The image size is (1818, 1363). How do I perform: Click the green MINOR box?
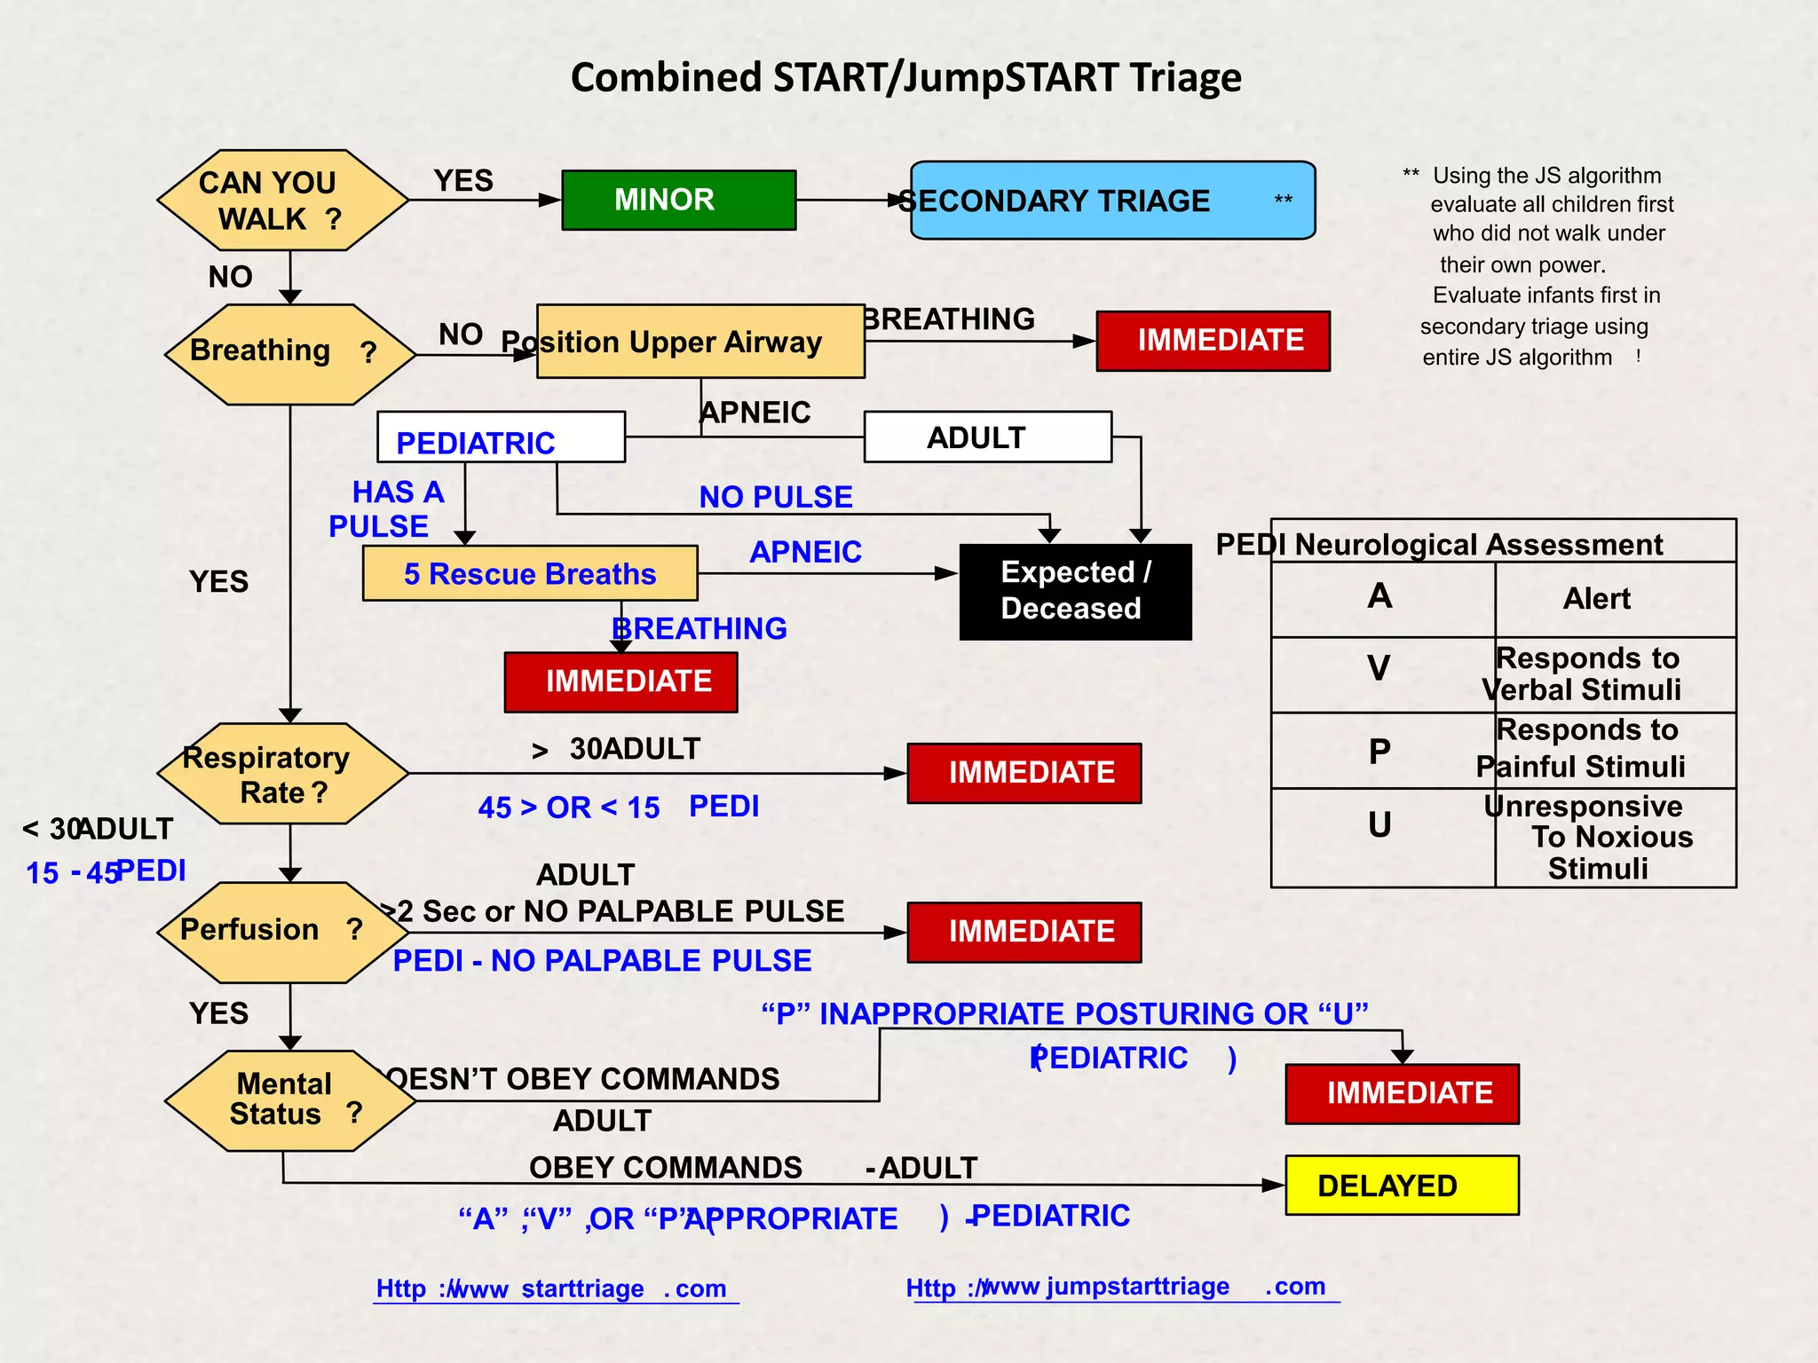tap(678, 200)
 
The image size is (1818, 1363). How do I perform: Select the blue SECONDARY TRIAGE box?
tap(1112, 201)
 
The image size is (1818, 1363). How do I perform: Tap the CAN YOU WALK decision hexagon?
tap(282, 201)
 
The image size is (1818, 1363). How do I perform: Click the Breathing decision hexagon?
tap(289, 354)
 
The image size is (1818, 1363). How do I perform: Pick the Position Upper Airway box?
tap(700, 342)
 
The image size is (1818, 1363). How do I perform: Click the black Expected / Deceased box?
tap(1075, 591)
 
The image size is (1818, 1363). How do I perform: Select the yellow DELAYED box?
tap(1401, 1186)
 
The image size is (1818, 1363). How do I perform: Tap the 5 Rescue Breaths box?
tap(530, 573)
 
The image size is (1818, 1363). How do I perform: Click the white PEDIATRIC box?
tap(501, 437)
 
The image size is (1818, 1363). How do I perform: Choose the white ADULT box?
tap(987, 437)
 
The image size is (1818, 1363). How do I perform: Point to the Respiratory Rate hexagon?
tap(282, 774)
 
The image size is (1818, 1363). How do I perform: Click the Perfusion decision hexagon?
tap(282, 932)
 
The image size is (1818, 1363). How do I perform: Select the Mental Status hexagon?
tap(289, 1100)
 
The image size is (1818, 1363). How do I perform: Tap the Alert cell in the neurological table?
tap(1596, 599)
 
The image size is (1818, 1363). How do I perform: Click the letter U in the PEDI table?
tap(1379, 825)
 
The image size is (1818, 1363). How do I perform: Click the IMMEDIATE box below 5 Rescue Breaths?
tap(620, 681)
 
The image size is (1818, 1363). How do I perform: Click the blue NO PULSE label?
tap(775, 497)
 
